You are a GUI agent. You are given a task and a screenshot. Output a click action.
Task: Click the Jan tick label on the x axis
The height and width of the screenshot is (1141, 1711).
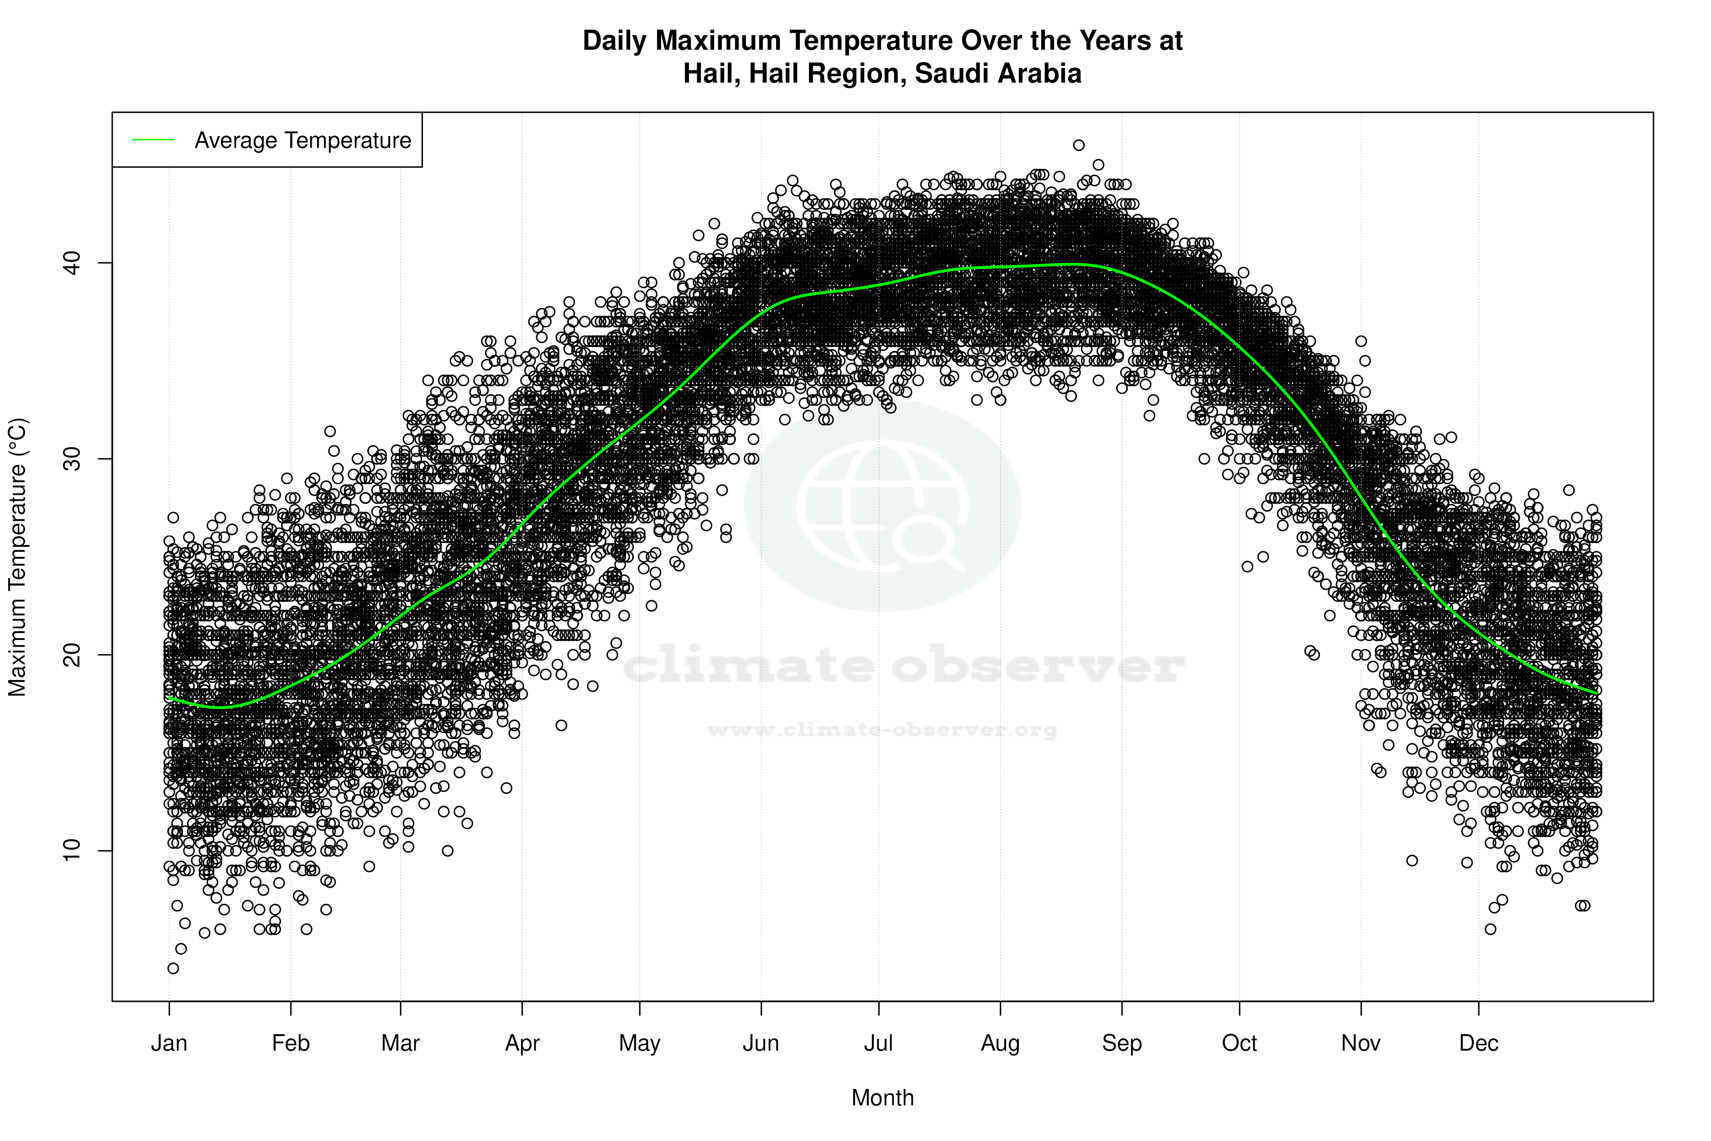pyautogui.click(x=169, y=1043)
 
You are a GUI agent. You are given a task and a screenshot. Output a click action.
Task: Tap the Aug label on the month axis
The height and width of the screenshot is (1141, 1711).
pyautogui.click(x=1000, y=1043)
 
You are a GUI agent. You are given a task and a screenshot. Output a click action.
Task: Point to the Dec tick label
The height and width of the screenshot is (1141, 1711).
pyautogui.click(x=1478, y=1043)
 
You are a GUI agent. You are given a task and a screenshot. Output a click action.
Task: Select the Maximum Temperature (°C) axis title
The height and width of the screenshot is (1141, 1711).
pyautogui.click(x=17, y=557)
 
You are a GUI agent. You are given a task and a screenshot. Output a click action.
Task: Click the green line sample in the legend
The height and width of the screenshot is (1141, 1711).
pyautogui.click(x=153, y=140)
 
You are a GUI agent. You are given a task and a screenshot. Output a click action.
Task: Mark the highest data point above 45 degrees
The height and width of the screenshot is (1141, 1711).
pyautogui.click(x=1078, y=146)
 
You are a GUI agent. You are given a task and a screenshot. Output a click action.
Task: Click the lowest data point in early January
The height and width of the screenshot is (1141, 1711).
pyautogui.click(x=173, y=968)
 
